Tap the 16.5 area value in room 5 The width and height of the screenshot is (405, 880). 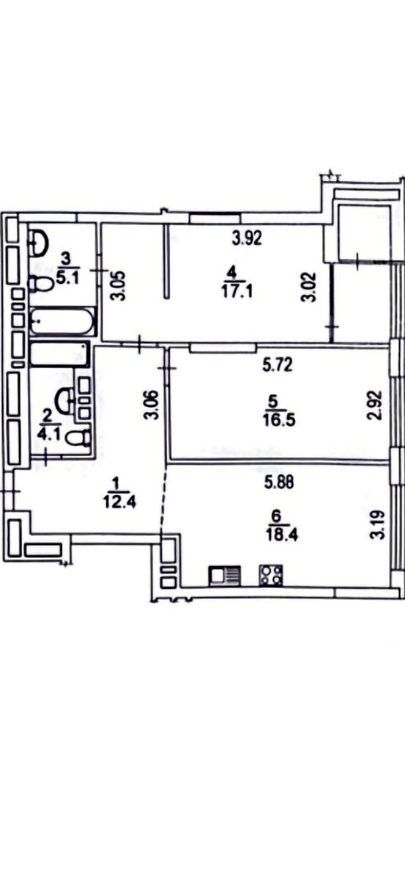click(x=278, y=420)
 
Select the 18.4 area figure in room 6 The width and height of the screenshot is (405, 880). click(x=282, y=535)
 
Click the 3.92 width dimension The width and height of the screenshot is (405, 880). click(x=247, y=238)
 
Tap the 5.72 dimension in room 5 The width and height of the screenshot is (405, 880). click(x=278, y=366)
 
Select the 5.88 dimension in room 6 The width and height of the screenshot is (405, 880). click(x=279, y=482)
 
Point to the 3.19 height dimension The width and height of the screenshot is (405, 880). click(x=379, y=524)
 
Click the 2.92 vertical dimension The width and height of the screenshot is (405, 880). click(x=376, y=405)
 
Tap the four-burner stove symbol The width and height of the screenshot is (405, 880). click(x=271, y=575)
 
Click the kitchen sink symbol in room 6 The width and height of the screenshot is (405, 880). click(x=224, y=576)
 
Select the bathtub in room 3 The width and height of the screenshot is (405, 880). click(x=62, y=322)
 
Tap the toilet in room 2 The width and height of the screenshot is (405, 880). click(x=78, y=437)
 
